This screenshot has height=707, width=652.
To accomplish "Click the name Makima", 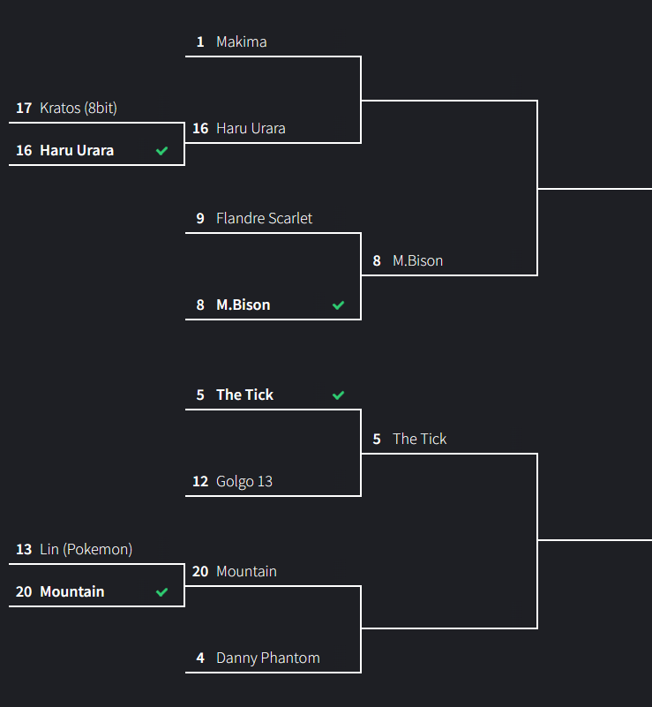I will pyautogui.click(x=241, y=42).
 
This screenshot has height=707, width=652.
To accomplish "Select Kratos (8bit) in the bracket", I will pyautogui.click(x=79, y=109).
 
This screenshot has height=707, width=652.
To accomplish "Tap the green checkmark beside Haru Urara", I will pyautogui.click(x=161, y=151).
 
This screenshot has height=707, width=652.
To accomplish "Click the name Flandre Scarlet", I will pyautogui.click(x=264, y=218).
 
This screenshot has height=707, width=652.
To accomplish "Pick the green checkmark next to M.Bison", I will pyautogui.click(x=338, y=305).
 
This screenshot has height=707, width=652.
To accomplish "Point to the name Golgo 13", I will pyautogui.click(x=244, y=482).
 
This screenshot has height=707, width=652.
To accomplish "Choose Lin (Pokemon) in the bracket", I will pyautogui.click(x=86, y=550).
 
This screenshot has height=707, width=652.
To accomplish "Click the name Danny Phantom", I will pyautogui.click(x=267, y=658).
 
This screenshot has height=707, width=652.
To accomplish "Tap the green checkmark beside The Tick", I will pyautogui.click(x=338, y=395).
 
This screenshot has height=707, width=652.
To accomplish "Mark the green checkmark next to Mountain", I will pyautogui.click(x=161, y=592).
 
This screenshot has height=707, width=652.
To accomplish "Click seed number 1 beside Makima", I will pyautogui.click(x=200, y=42).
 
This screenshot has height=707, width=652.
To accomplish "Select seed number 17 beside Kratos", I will pyautogui.click(x=24, y=109).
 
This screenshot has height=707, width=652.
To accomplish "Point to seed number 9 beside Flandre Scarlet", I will pyautogui.click(x=200, y=218).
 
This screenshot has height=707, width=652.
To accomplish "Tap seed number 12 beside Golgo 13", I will pyautogui.click(x=200, y=482).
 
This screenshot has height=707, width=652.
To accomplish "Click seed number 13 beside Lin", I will pyautogui.click(x=24, y=550).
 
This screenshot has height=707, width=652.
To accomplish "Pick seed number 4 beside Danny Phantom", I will pyautogui.click(x=200, y=658).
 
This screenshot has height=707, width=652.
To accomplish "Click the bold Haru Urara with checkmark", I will pyautogui.click(x=77, y=151).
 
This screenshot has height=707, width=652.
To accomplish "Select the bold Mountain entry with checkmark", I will pyautogui.click(x=71, y=592).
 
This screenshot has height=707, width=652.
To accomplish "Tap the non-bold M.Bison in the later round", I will pyautogui.click(x=417, y=261).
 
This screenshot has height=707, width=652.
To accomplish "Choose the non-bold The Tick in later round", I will pyautogui.click(x=419, y=440).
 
